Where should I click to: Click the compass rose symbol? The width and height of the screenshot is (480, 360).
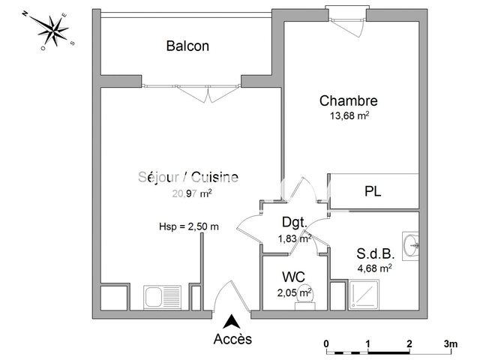click(52, 31)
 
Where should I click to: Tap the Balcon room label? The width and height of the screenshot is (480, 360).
click(187, 46)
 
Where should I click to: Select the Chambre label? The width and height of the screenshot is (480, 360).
click(348, 100)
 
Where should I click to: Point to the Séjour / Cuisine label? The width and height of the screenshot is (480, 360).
click(188, 177)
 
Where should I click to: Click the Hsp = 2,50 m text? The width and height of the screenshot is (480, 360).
click(188, 226)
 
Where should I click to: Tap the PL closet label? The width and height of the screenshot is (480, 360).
click(373, 191)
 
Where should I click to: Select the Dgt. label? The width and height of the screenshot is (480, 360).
click(293, 223)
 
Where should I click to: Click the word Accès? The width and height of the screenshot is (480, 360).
click(233, 339)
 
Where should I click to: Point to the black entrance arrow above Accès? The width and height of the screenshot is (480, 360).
click(233, 321)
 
